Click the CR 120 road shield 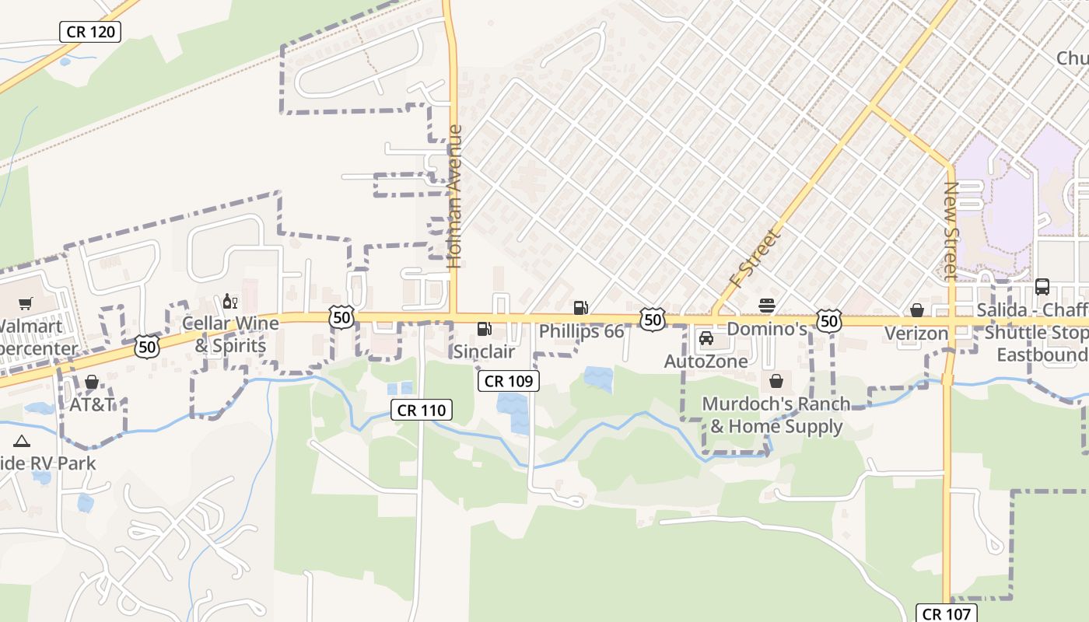pyautogui.click(x=90, y=32)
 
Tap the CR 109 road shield pyautogui.click(x=508, y=380)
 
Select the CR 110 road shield pyautogui.click(x=422, y=410)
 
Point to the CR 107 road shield pyautogui.click(x=945, y=613)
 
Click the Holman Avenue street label pyautogui.click(x=455, y=197)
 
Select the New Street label pyautogui.click(x=950, y=230)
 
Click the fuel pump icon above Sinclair pyautogui.click(x=484, y=329)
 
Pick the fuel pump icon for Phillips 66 pyautogui.click(x=580, y=308)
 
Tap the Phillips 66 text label pyautogui.click(x=581, y=331)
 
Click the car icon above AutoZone pyautogui.click(x=706, y=338)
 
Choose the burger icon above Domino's pyautogui.click(x=767, y=305)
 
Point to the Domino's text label pyautogui.click(x=767, y=329)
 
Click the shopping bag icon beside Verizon pyautogui.click(x=917, y=310)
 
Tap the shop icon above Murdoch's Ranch pyautogui.click(x=776, y=381)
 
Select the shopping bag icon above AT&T pyautogui.click(x=92, y=382)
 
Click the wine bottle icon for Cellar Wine pyautogui.click(x=229, y=301)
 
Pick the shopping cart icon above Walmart pyautogui.click(x=26, y=303)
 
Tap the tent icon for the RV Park pyautogui.click(x=22, y=442)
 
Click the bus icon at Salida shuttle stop pyautogui.click(x=1042, y=287)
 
